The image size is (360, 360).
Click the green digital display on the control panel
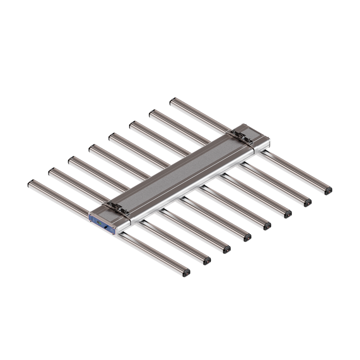pos(99,223)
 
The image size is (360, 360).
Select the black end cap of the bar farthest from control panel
pos(328,191)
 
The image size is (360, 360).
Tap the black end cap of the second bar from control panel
pos(207,261)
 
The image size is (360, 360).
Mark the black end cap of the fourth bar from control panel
pos(247,238)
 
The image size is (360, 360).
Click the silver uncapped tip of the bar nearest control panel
pos(31,183)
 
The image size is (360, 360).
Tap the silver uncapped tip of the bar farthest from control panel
pos(173,102)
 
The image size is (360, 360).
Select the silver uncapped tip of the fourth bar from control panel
pos(92,148)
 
